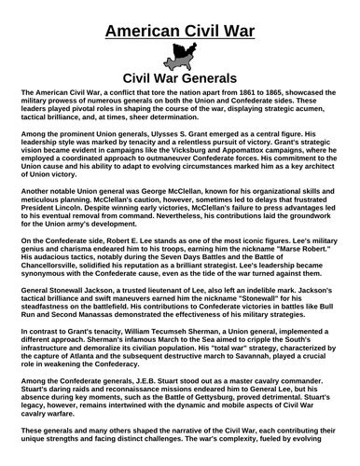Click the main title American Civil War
point(179,34)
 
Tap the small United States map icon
point(179,57)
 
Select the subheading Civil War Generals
point(179,79)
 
